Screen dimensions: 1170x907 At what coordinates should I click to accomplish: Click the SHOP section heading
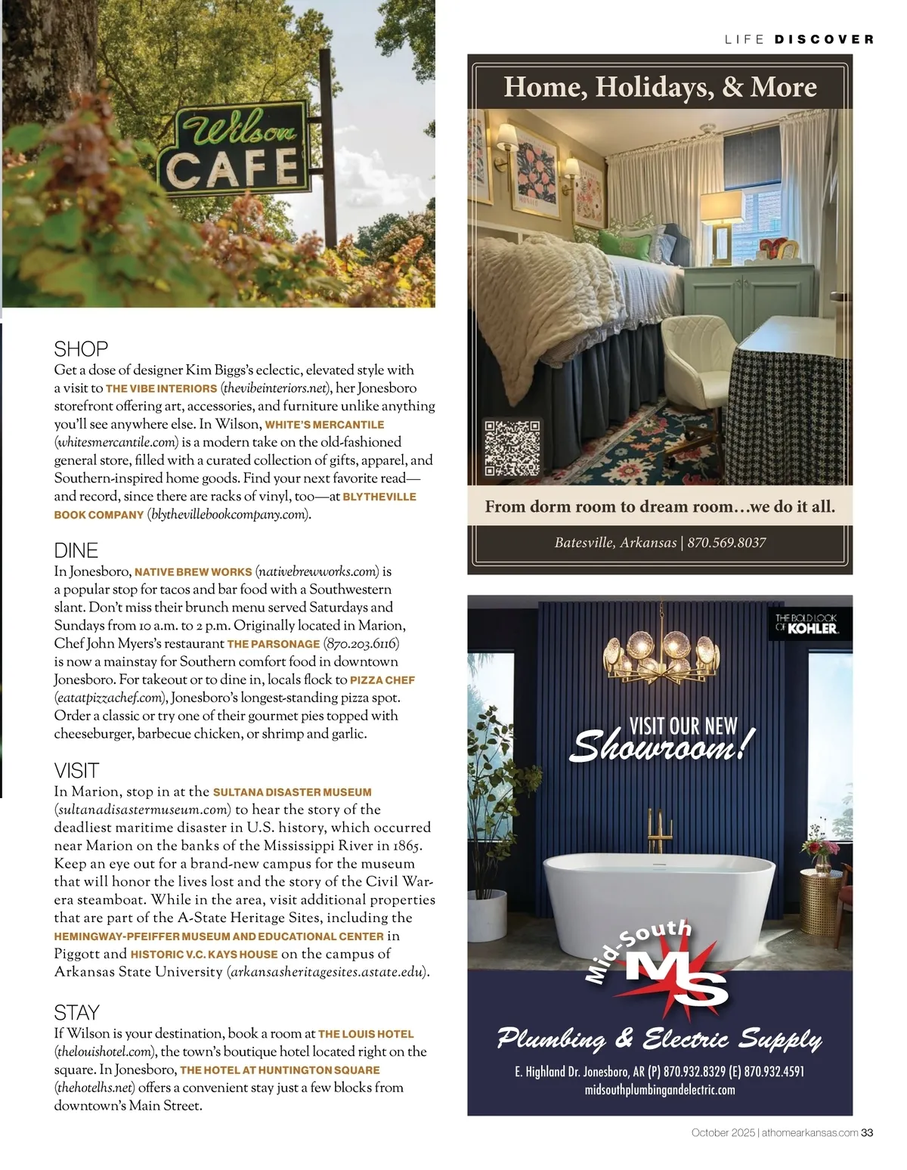pos(81,348)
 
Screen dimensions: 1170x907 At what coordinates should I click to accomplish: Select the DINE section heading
pos(76,549)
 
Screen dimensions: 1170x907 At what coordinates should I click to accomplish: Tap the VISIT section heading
pos(76,770)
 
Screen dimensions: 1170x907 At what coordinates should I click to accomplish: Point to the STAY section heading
pos(76,1012)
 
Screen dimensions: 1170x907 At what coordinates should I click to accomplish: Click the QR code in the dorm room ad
pos(512,448)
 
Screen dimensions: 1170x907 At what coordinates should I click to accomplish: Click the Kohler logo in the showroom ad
pos(806,624)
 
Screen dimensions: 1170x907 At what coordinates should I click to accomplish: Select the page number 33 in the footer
pos(867,1132)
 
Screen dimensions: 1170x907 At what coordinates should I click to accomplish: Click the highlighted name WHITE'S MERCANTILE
pos(324,425)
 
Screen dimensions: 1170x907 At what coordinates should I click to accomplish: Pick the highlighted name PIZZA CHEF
pos(382,680)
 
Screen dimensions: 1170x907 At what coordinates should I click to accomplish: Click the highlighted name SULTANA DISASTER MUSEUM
pos(292,792)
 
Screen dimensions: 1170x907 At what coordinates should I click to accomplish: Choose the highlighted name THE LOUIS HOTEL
pos(366,1034)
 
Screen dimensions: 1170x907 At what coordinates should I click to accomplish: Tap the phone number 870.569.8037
pos(726,543)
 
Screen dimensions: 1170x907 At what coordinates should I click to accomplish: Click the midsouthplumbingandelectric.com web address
pos(660,1090)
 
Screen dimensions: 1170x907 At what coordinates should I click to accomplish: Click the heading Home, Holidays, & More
pos(660,87)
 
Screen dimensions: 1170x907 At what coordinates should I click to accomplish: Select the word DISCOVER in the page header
pos(824,39)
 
